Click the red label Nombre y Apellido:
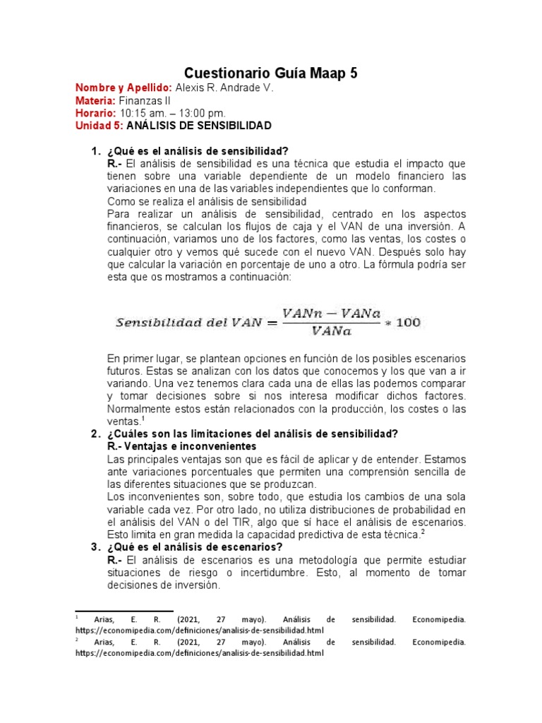tap(124, 88)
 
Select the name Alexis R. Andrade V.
tap(224, 88)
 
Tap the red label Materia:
tap(95, 100)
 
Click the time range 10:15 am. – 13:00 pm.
tap(173, 113)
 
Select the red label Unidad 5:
tap(100, 126)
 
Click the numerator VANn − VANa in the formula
tap(330, 313)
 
